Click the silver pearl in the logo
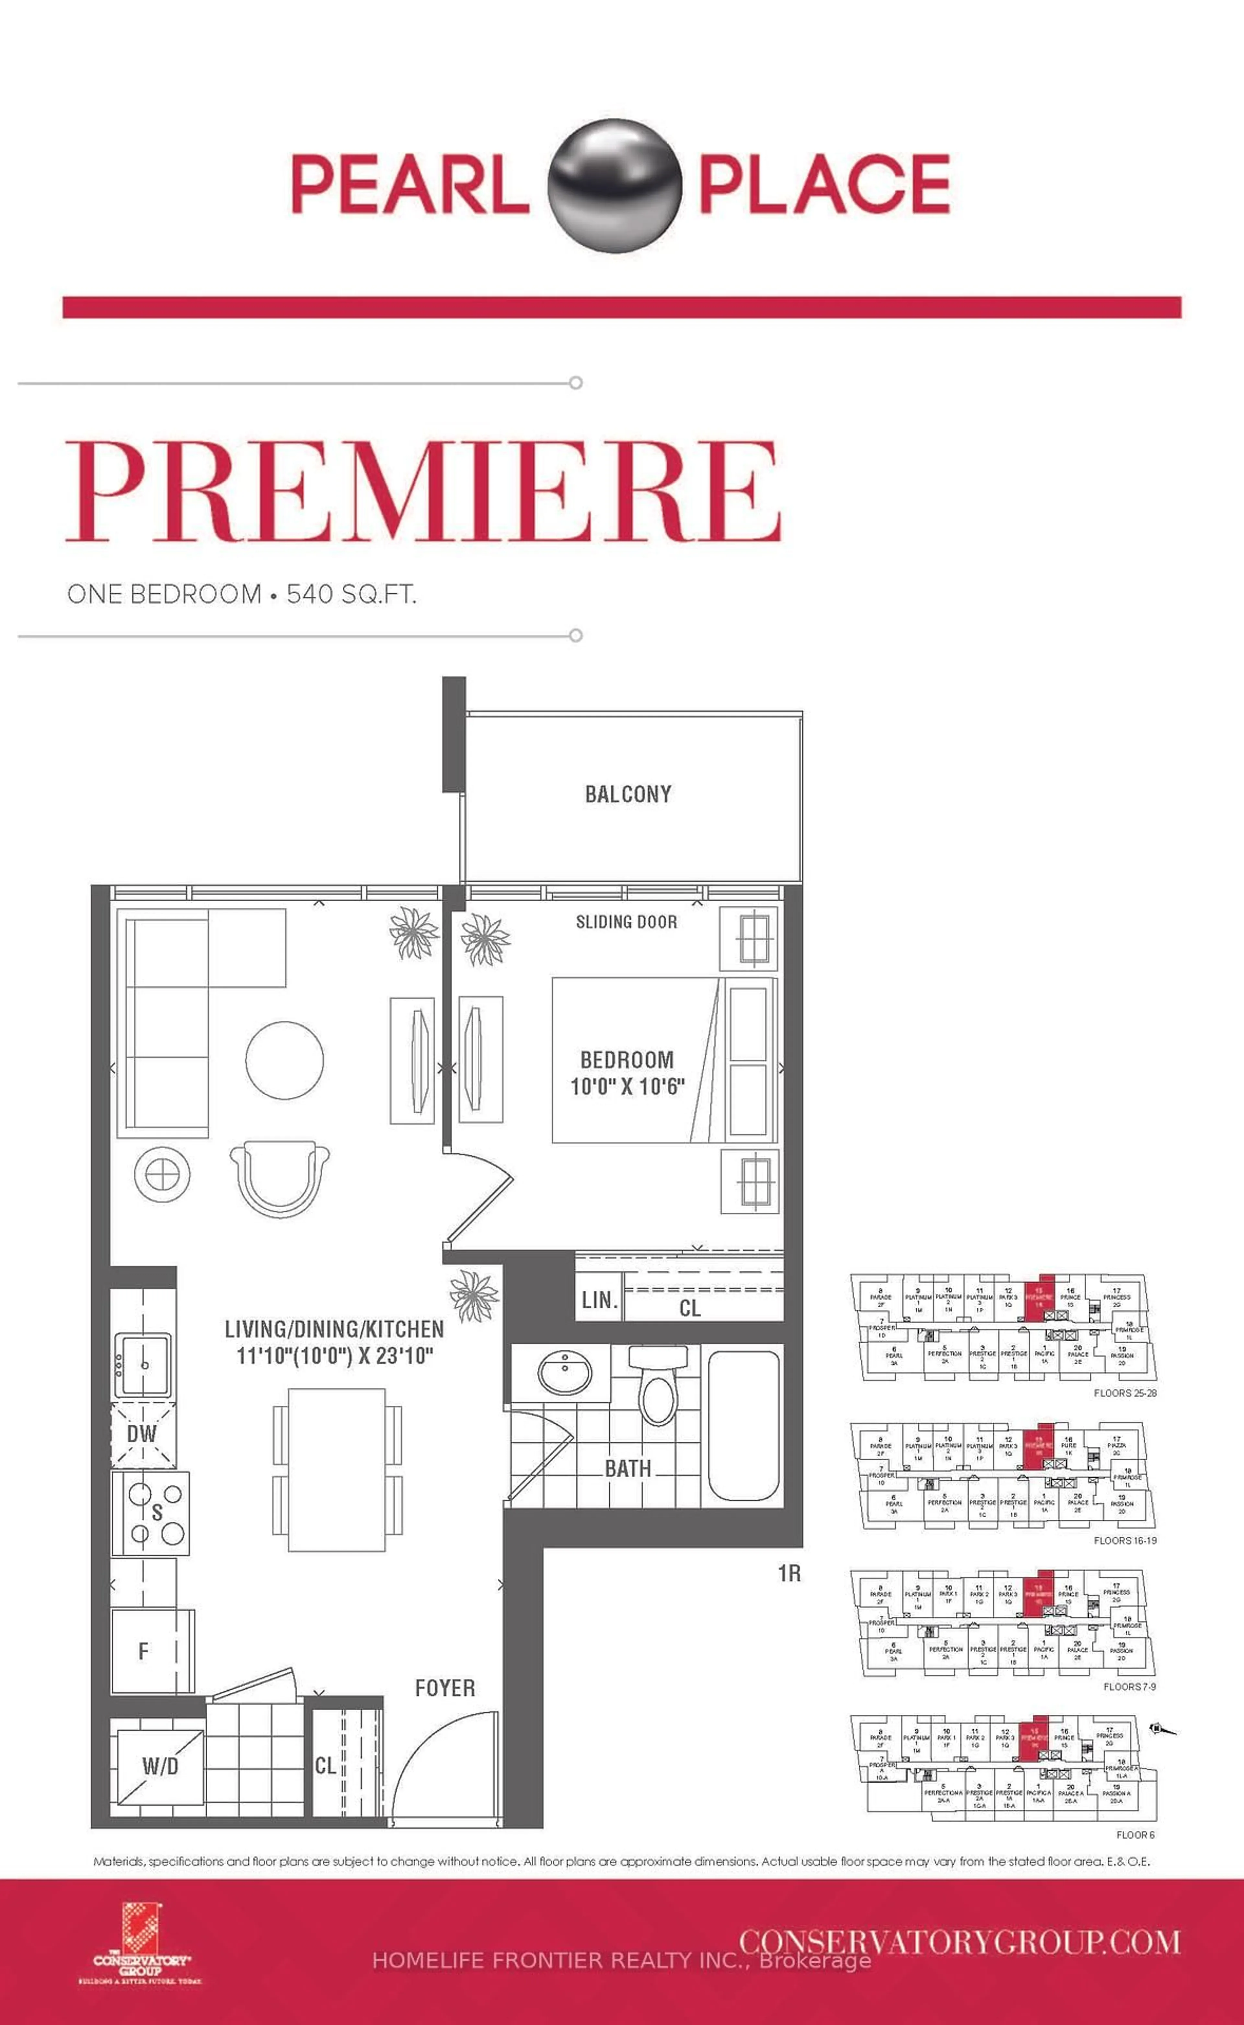[615, 183]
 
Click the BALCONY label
[628, 794]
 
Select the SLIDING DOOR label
[626, 922]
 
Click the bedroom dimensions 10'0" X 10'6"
[627, 1086]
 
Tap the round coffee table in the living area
[285, 1059]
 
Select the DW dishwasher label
[142, 1434]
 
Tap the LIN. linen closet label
[599, 1300]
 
